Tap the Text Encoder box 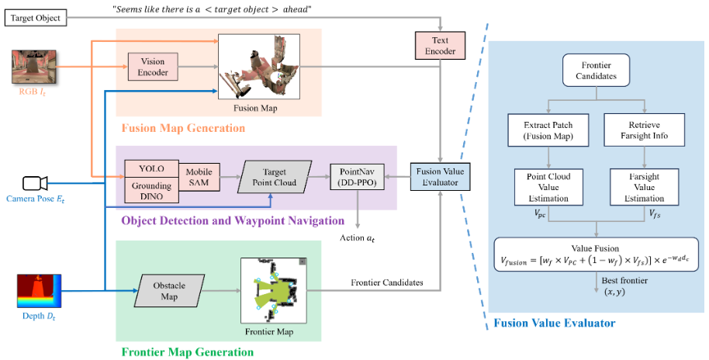point(434,46)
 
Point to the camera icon point(34,183)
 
